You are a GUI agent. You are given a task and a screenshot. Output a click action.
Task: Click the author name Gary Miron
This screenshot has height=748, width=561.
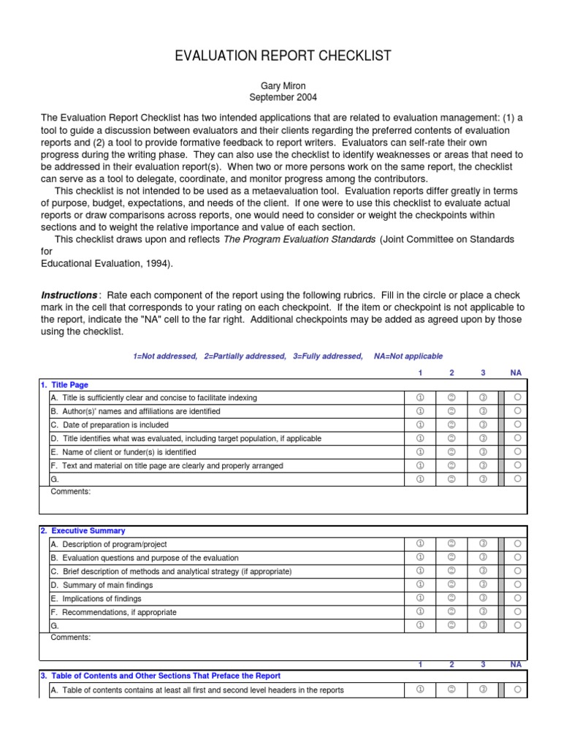point(283,85)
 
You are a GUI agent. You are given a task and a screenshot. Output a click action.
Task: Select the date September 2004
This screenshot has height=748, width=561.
point(283,97)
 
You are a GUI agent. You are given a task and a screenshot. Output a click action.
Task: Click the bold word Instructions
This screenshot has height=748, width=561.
point(69,295)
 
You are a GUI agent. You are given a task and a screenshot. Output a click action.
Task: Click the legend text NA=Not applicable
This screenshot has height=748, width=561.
point(408,356)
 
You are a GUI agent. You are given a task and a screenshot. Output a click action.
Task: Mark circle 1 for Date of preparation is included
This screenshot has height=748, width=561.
point(420,424)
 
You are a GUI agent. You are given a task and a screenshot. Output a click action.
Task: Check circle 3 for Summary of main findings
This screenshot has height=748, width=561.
point(483,584)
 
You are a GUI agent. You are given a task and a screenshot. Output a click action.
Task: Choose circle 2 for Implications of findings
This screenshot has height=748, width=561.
point(451,598)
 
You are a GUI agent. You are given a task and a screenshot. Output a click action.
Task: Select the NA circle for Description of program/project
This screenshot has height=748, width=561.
point(517,544)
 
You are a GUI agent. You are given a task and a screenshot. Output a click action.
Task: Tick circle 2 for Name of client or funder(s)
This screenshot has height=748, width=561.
point(451,451)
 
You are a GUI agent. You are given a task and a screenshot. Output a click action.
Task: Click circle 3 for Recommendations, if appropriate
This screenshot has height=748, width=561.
point(483,611)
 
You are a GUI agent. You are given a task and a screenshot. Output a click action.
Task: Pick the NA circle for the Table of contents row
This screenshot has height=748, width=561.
point(517,690)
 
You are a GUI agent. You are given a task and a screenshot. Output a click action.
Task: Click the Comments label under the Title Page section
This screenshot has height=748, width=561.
point(70,492)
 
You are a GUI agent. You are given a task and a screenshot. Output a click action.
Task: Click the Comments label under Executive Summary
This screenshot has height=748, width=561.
point(70,638)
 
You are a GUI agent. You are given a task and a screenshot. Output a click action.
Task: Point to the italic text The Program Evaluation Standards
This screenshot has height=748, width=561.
point(299,239)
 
